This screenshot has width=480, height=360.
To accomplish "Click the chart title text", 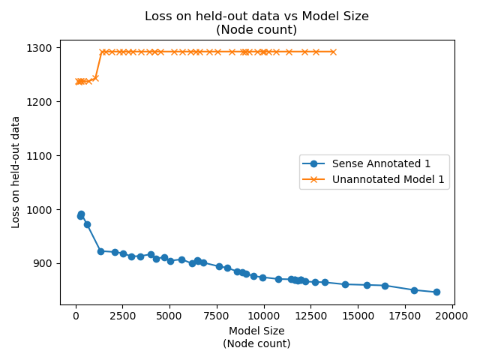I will tap(256, 23).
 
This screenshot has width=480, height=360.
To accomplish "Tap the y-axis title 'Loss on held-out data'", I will tap(16, 172).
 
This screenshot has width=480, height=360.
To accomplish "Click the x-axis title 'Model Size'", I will tap(256, 331).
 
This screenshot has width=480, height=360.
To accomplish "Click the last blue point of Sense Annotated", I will tap(436, 292).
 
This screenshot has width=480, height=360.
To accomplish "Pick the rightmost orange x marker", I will tap(333, 52).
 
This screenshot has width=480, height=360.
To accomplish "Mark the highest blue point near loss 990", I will tap(81, 214).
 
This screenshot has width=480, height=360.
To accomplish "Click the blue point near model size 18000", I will tap(414, 290).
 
